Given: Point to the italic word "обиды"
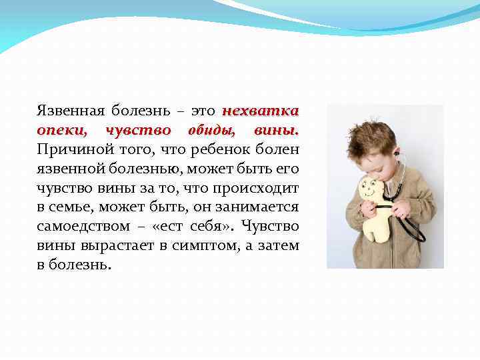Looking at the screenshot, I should click(211, 129).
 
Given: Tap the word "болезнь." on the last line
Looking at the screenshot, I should click(83, 265).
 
